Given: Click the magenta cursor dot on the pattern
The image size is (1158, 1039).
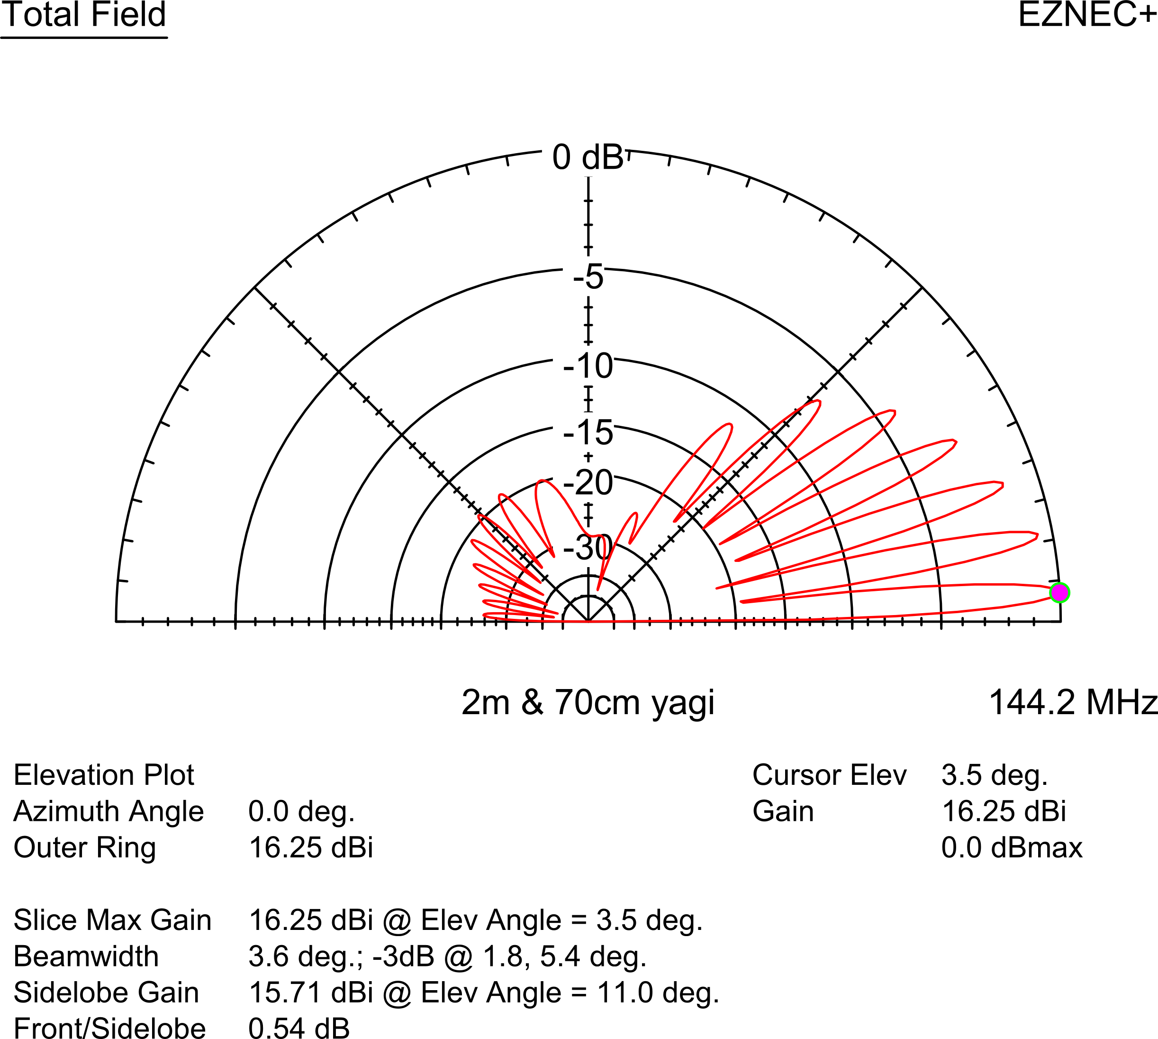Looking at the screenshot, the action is click(1059, 593).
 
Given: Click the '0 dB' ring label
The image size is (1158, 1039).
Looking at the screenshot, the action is click(588, 157).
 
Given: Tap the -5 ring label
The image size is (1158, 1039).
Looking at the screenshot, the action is click(588, 277).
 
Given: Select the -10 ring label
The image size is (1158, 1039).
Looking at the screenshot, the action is click(588, 366).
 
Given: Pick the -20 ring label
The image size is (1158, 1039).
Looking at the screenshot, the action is click(588, 482).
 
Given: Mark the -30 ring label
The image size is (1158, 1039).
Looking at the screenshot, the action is click(588, 548).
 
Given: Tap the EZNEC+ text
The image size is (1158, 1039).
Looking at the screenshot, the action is click(1087, 14).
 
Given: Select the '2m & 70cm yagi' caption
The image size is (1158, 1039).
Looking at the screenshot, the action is click(588, 703).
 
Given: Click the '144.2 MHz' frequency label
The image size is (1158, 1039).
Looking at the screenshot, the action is click(1073, 702).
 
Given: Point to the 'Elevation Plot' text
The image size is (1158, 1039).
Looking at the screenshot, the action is click(104, 775).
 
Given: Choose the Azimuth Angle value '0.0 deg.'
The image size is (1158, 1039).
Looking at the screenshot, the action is click(302, 811).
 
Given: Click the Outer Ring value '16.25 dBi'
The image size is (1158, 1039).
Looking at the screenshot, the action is click(311, 847).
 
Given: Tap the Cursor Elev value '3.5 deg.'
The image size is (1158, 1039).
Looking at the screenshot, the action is click(994, 775).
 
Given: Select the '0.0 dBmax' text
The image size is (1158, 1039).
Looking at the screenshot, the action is click(1012, 847).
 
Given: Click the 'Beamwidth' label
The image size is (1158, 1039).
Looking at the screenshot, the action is click(86, 956).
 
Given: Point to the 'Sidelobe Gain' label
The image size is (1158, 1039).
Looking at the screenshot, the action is click(106, 992).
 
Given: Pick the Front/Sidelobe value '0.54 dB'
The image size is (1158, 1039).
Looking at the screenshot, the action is click(299, 1028).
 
